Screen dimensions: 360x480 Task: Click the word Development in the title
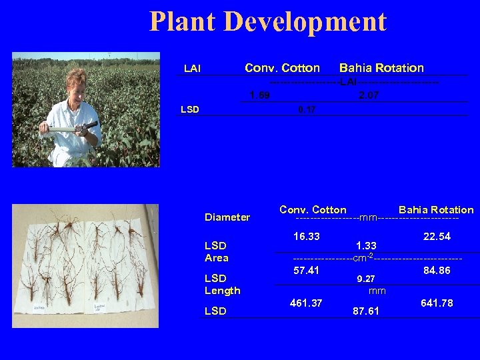pos(306,21)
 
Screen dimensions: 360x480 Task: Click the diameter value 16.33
pos(306,236)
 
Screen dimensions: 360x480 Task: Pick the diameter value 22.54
pos(437,236)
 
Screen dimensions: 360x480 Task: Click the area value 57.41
pos(306,270)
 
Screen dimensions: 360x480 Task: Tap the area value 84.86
pos(437,270)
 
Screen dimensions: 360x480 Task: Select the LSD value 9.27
pos(366,279)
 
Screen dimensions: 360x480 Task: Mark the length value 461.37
pos(306,303)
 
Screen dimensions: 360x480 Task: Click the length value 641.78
pos(437,303)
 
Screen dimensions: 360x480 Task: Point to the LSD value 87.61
pos(366,311)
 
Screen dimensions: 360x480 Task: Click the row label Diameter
pos(227,217)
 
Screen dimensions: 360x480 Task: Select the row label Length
pos(222,291)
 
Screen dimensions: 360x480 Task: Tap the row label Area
pos(216,258)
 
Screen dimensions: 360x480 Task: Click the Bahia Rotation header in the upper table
pos(381,68)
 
